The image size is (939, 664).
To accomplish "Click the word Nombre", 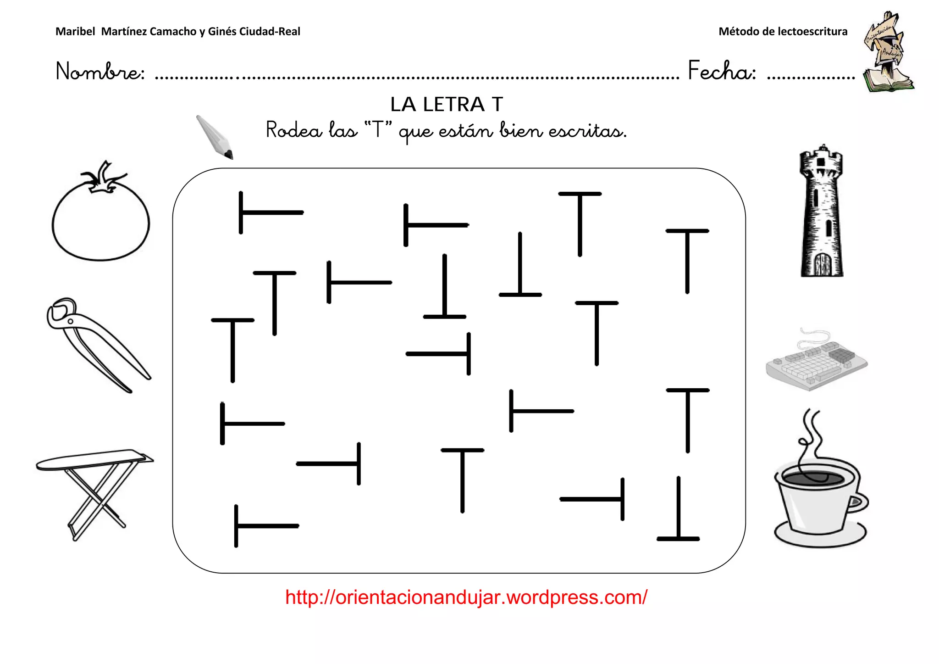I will click(x=100, y=72).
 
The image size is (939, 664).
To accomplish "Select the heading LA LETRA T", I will click(x=447, y=105).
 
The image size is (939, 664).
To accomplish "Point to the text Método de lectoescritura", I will click(x=783, y=32).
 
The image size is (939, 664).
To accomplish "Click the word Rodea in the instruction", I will click(x=294, y=130).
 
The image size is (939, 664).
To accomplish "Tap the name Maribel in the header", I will click(x=75, y=32).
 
